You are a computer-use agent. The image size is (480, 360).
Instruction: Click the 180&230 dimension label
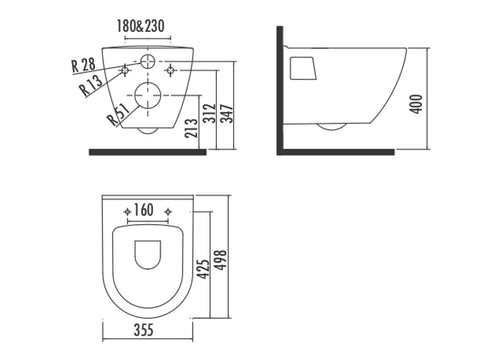click(x=140, y=26)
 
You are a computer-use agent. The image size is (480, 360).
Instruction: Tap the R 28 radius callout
click(x=83, y=65)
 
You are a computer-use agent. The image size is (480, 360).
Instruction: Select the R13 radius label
click(x=91, y=85)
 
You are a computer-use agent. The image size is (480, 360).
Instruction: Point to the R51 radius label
click(x=118, y=114)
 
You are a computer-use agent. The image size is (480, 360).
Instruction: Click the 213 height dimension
click(x=191, y=128)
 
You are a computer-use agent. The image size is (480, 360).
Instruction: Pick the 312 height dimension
click(x=210, y=113)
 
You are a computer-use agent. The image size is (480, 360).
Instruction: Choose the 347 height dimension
click(x=227, y=113)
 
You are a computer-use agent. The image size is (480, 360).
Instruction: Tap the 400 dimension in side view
click(x=416, y=104)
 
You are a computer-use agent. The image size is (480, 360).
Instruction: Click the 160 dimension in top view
click(x=143, y=210)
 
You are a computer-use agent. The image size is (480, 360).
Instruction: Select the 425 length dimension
click(x=203, y=268)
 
